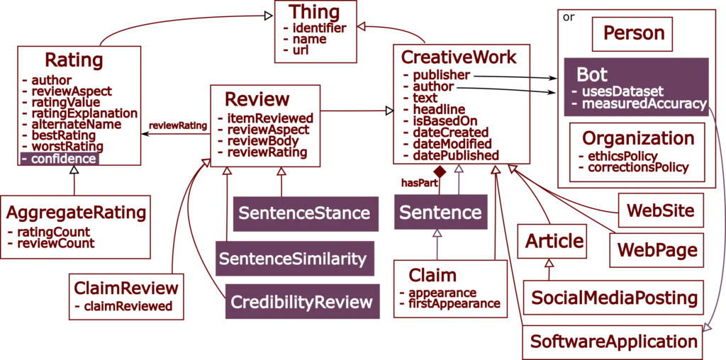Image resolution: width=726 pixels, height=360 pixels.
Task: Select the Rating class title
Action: pos(74,60)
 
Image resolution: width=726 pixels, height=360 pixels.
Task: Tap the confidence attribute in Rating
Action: pos(63,159)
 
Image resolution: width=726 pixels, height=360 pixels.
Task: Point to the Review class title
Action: pos(257,98)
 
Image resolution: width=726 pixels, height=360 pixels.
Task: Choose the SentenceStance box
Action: pos(304,213)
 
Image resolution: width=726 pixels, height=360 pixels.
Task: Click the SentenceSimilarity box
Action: pos(292,259)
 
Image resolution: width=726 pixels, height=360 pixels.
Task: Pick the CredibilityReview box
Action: pos(301,303)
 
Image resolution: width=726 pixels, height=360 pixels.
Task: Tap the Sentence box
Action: pos(440,213)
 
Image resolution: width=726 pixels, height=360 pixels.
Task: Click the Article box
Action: pos(554,241)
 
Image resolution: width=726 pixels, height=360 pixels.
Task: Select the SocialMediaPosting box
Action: pos(613,298)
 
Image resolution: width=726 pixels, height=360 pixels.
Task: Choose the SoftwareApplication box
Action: pos(613,342)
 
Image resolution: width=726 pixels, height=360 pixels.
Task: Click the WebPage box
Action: pos(658,250)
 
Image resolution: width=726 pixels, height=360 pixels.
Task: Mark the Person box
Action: pos(634,33)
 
